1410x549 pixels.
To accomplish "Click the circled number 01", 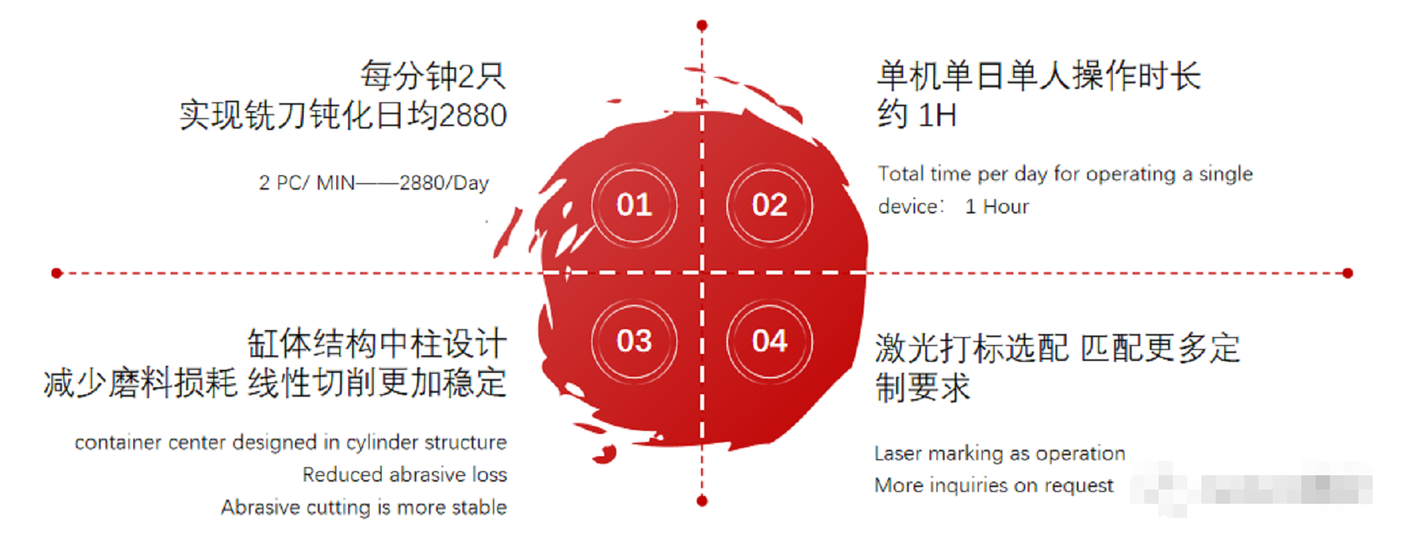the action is click(x=634, y=205).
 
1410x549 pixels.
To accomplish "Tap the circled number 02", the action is click(x=769, y=205).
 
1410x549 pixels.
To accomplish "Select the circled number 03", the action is click(x=634, y=342).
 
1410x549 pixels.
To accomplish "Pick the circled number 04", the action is click(x=769, y=342).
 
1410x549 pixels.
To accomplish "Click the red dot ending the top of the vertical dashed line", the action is click(x=702, y=25).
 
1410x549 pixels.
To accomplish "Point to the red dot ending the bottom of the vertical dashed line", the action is click(x=702, y=501).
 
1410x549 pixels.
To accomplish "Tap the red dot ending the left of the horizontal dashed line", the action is click(x=56, y=273).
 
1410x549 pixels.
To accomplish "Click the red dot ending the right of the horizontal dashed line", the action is click(x=1347, y=273).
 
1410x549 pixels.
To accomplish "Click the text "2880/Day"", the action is click(x=444, y=183).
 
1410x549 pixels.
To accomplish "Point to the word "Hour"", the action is click(x=1006, y=206).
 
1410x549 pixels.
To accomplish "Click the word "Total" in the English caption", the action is click(x=901, y=174).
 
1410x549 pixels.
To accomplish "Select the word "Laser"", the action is click(x=898, y=453).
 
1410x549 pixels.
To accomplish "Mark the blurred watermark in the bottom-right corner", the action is click(x=1251, y=487).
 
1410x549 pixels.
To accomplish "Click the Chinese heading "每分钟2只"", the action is click(x=433, y=76).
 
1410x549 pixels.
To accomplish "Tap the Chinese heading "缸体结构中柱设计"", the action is click(x=377, y=344).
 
